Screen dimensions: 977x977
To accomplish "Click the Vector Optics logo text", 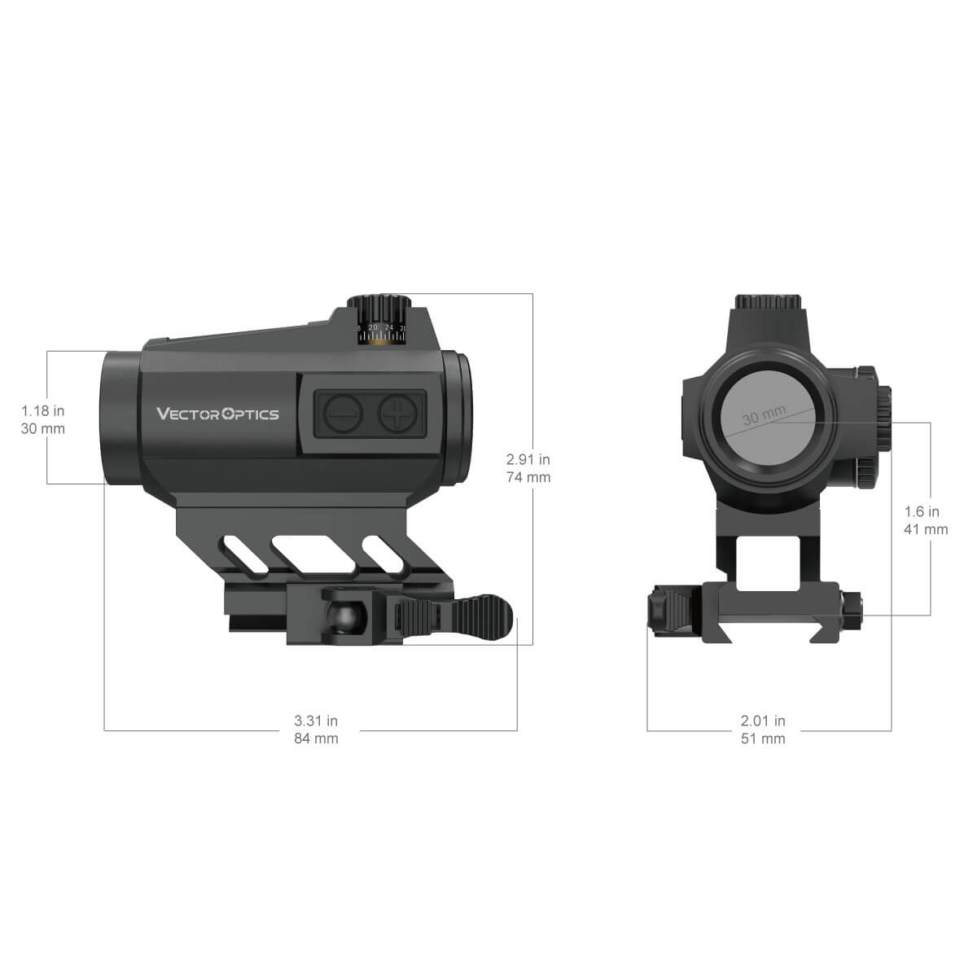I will click(217, 414).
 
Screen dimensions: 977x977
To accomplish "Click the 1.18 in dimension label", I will click(43, 411).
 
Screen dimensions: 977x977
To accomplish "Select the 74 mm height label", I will click(528, 477).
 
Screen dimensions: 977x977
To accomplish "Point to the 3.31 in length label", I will click(316, 721).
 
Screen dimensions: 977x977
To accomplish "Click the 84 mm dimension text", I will click(316, 738).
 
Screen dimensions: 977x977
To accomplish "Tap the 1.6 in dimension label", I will click(922, 511).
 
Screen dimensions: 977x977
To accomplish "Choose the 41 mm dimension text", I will click(927, 529).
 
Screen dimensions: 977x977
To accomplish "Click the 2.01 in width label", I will click(763, 721).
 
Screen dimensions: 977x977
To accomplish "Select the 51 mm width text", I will click(763, 738).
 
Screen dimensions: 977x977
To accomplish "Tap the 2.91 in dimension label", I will click(528, 460).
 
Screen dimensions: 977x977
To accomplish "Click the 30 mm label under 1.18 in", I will click(43, 429).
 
